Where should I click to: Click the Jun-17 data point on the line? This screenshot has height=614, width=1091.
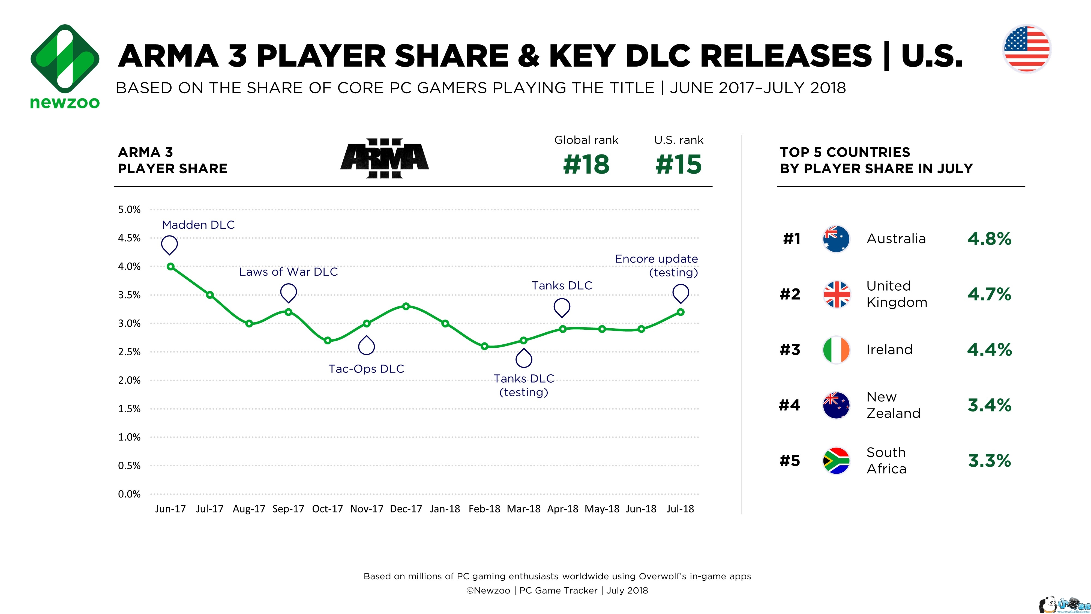click(x=170, y=267)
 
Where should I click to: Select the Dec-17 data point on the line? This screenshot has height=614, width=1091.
click(x=406, y=306)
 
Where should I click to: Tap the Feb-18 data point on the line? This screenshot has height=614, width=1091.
click(x=484, y=346)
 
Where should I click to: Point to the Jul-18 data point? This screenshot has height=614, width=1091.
click(x=681, y=312)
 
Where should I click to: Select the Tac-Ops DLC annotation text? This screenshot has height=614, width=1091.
click(x=366, y=369)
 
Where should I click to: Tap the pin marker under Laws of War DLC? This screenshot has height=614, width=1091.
click(x=288, y=293)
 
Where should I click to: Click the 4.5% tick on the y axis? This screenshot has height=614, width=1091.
click(x=129, y=238)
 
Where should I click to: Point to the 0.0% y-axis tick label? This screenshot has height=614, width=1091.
click(x=129, y=494)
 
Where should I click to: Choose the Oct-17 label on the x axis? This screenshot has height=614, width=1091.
click(x=327, y=509)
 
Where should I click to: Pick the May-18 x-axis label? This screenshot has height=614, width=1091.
click(x=602, y=509)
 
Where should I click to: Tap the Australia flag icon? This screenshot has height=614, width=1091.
click(x=836, y=239)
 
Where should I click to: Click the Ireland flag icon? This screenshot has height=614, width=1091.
click(x=836, y=350)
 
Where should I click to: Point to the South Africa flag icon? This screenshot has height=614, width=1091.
click(x=836, y=461)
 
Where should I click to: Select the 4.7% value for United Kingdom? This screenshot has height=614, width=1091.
click(x=989, y=294)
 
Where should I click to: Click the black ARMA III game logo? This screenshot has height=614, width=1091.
click(x=385, y=158)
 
